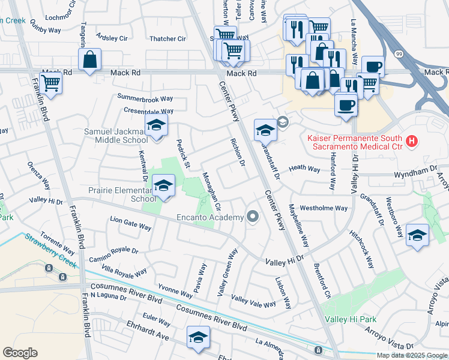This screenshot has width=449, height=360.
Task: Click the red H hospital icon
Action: [411, 142]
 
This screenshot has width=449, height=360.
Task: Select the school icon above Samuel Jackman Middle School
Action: [156, 126]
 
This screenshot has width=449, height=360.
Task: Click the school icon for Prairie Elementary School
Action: [163, 185]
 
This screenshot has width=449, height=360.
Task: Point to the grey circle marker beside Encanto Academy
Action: [253, 217]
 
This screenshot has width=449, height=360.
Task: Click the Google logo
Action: [20, 353]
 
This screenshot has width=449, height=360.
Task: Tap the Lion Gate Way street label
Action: [130, 223]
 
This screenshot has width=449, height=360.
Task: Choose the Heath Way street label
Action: [304, 169]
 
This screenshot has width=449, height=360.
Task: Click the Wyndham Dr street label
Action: [414, 173]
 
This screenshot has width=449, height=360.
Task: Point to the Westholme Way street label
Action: [324, 208]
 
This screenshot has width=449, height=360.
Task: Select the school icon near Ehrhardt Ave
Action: [198, 337]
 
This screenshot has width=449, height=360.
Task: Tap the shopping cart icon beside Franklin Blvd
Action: [51, 83]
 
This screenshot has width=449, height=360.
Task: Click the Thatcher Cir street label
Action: [167, 39]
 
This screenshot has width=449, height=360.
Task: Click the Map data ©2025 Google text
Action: [412, 355]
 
